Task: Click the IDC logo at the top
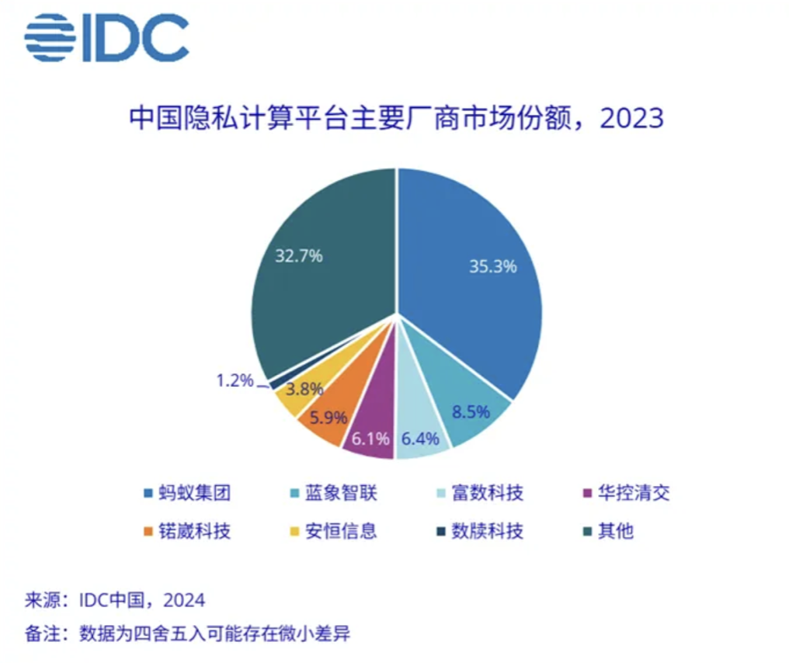point(106,37)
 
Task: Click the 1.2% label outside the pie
point(235,380)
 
